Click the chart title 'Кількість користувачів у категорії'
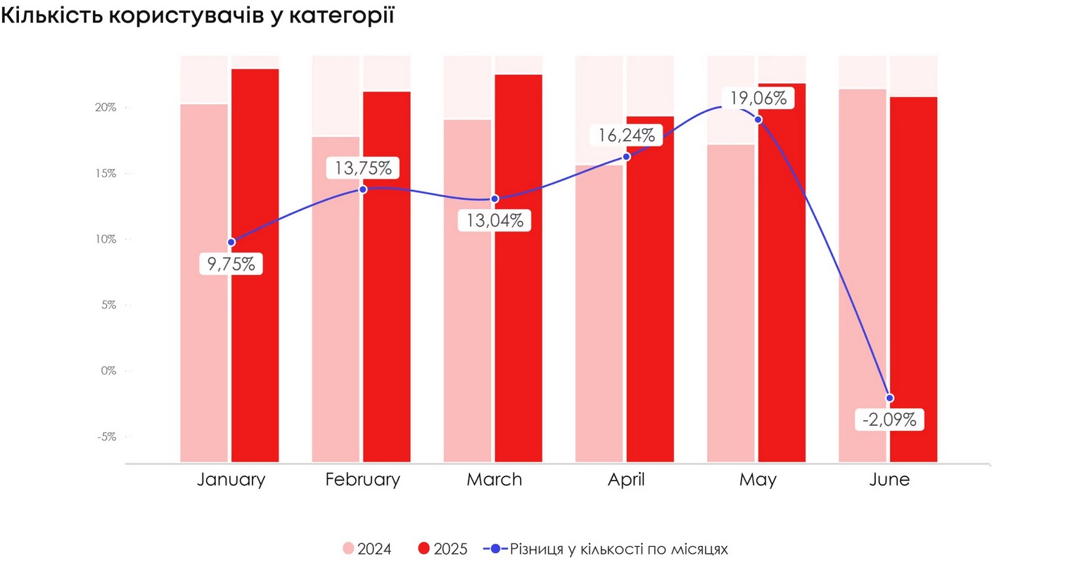tap(197, 15)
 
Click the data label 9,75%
tap(231, 264)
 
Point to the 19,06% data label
tap(758, 98)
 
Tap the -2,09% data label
tap(889, 420)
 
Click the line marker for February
tap(363, 189)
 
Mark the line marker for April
tap(627, 156)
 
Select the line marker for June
tap(890, 398)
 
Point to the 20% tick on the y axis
tap(107, 108)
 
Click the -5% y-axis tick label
tap(107, 437)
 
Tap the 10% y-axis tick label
tap(107, 239)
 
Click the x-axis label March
tap(495, 480)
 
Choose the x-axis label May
tap(758, 480)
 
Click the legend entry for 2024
tap(367, 549)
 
